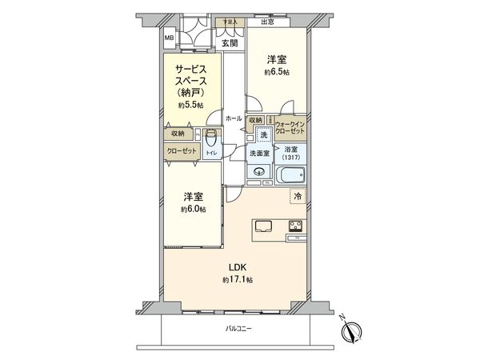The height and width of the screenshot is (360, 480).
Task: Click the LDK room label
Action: (238, 267)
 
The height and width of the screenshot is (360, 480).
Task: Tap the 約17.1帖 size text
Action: (238, 280)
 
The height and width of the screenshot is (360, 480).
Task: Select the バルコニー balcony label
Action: (238, 329)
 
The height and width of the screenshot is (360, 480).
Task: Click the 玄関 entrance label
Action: (230, 43)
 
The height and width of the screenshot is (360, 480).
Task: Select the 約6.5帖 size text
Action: (277, 72)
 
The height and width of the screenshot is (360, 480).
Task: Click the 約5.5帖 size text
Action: (191, 104)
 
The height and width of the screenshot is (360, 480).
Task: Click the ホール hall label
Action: (234, 118)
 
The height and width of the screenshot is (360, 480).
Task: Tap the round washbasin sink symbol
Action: (258, 170)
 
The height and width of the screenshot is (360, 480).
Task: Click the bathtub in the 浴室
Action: (289, 174)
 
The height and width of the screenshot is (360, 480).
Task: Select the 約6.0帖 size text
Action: (193, 209)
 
